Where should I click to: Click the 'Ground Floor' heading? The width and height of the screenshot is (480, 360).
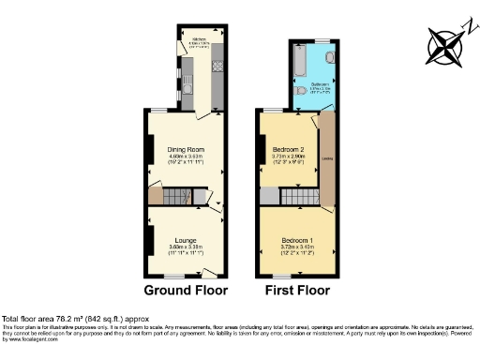pyautogui.click(x=185, y=290)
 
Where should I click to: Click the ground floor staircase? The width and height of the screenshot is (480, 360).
pyautogui.click(x=176, y=196)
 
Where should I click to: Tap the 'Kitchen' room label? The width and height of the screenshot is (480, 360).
pyautogui.click(x=200, y=38)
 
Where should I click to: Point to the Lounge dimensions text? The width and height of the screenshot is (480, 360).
pyautogui.click(x=186, y=249)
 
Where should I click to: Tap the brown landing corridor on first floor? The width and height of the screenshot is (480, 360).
pyautogui.click(x=327, y=159)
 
